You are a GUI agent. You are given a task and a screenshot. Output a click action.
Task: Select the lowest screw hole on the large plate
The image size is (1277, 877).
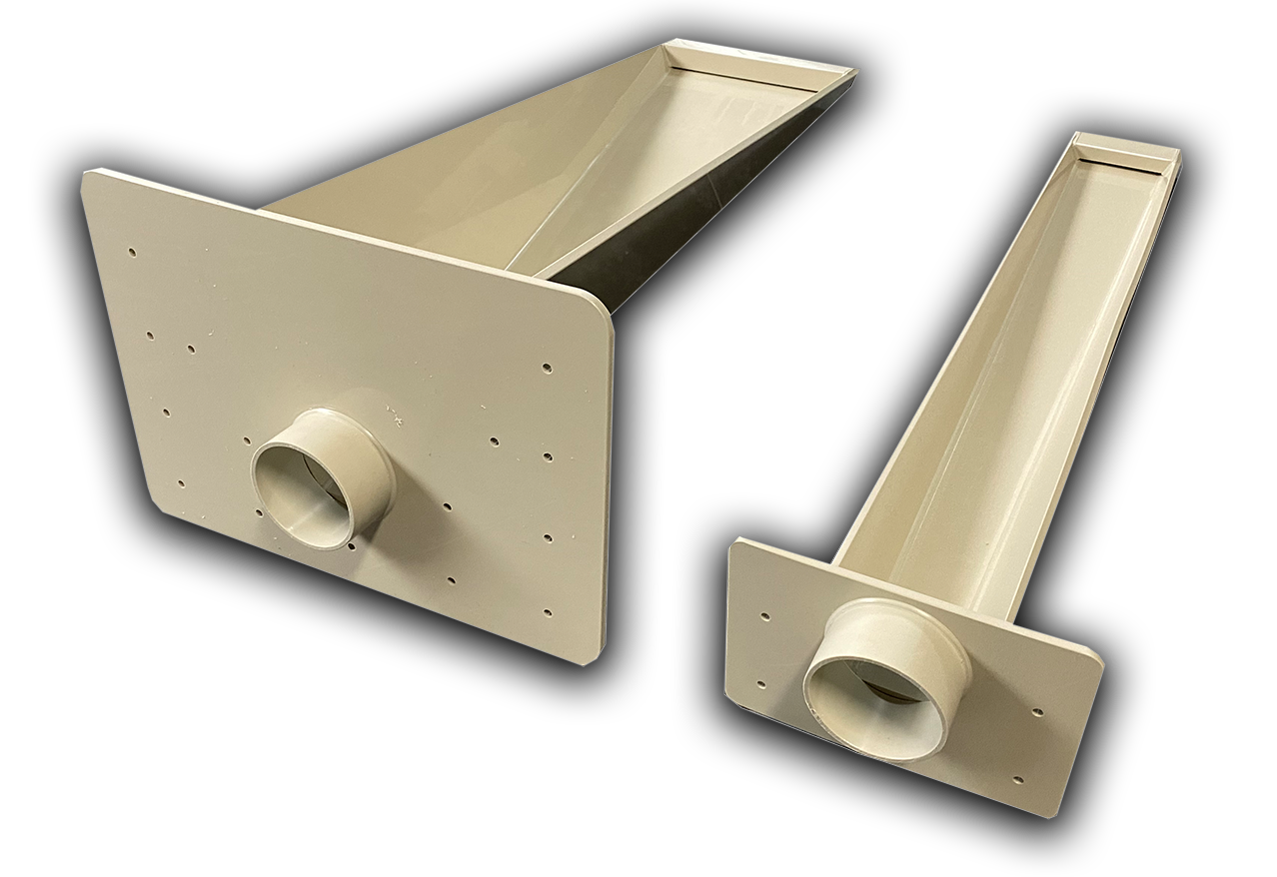(546, 610)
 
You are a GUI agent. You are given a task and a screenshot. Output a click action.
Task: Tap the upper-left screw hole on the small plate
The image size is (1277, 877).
(765, 616)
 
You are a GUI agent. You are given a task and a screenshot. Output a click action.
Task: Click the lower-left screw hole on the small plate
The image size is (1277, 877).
(760, 685)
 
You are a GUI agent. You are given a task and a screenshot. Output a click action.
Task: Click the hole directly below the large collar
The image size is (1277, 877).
(356, 546)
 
